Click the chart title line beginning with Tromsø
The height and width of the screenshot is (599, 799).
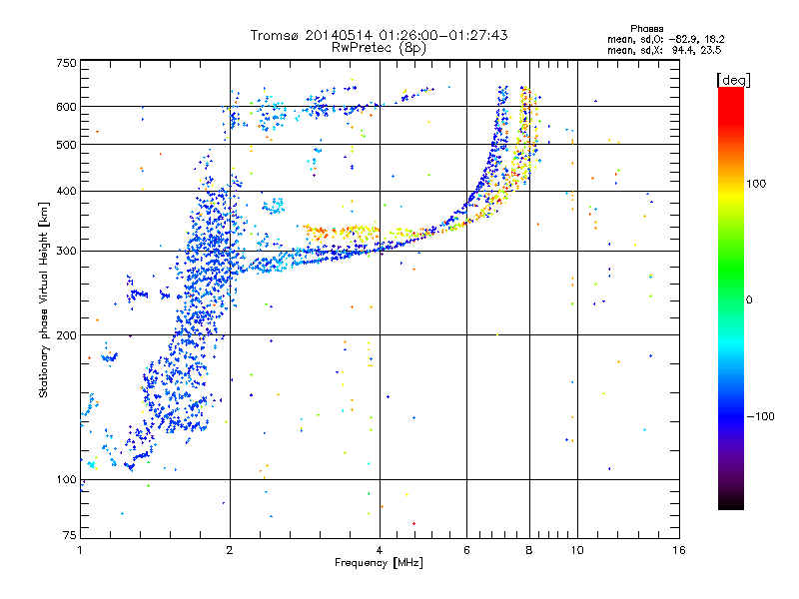tap(379, 35)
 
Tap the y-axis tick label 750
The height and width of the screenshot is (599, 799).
tap(66, 64)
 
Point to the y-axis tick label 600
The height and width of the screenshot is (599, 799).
tap(66, 107)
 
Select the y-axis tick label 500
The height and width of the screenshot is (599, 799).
tap(66, 145)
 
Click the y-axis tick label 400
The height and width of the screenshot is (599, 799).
tap(66, 192)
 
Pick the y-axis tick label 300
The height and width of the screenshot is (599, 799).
tap(66, 252)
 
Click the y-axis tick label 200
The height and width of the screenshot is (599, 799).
tap(66, 335)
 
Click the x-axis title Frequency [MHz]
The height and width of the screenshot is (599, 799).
tap(379, 564)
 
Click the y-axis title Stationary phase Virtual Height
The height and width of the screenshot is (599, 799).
tap(44, 299)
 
